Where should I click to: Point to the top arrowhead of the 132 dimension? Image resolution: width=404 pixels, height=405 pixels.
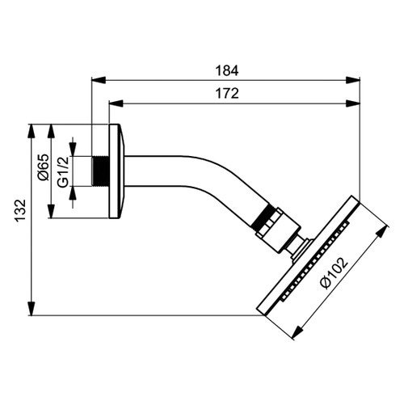pyautogui.click(x=32, y=129)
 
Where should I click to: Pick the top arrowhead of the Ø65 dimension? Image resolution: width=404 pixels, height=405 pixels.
pyautogui.click(x=52, y=129)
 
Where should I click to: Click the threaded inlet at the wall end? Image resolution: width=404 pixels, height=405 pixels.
pyautogui.click(x=100, y=171)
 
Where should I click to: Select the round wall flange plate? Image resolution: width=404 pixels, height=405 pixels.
pyautogui.click(x=116, y=171)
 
